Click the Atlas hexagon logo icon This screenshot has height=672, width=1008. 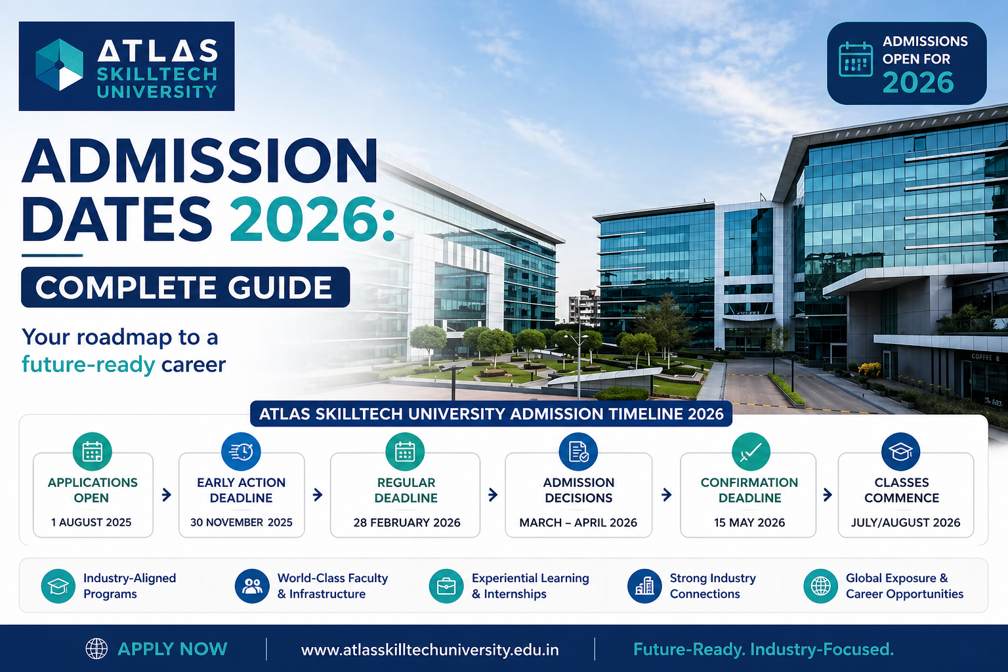coord(59,65)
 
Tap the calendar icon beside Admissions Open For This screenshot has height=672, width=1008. coord(856,60)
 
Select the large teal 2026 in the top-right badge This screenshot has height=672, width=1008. coord(917,83)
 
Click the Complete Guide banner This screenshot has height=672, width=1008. coord(185,287)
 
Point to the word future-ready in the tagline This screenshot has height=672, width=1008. coord(88,364)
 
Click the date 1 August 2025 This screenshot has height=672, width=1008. coord(92,522)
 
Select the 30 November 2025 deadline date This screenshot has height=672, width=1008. coord(241,522)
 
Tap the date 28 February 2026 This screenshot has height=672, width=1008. coord(407,522)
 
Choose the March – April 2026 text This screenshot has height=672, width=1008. coord(578,522)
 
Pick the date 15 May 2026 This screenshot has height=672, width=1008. coord(749,522)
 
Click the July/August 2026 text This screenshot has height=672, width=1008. coord(906,522)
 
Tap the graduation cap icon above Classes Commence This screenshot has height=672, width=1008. coord(900,451)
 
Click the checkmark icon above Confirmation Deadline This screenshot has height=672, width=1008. coord(751,451)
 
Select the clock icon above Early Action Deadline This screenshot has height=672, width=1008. coord(241,451)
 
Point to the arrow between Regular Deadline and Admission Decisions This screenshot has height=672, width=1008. coord(493,495)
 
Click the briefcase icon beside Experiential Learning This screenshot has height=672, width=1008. coord(446,585)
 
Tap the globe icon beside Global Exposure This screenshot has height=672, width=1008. coord(820,585)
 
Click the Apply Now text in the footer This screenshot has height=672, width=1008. coord(172,649)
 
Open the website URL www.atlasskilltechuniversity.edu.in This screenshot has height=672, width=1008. coord(430,650)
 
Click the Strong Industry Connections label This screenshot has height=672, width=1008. coord(712,585)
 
